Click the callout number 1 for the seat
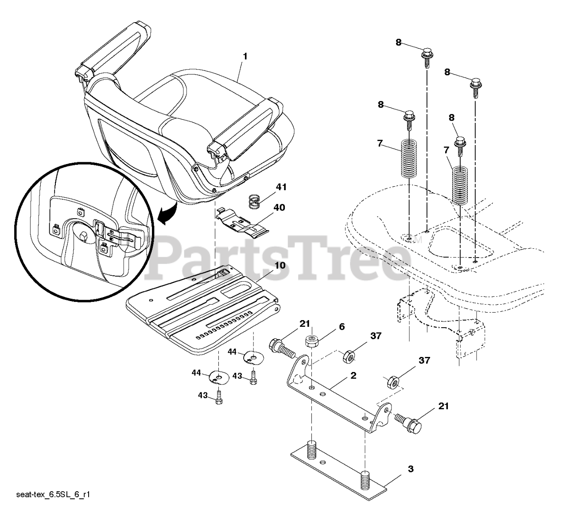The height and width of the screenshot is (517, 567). (245, 57)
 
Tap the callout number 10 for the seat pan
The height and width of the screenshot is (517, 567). (280, 266)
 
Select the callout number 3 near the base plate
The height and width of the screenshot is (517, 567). (411, 469)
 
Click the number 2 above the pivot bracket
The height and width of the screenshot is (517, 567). (353, 376)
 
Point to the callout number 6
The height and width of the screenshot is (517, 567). (342, 327)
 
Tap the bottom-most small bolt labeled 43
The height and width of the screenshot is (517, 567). (218, 397)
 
